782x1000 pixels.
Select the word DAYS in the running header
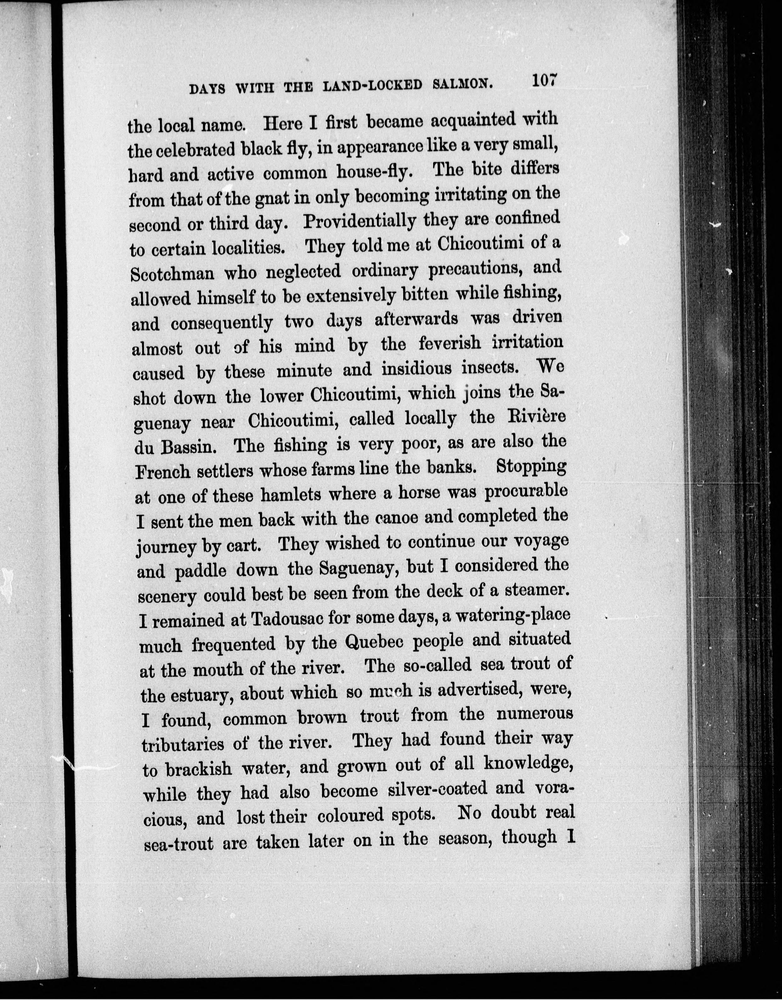207,89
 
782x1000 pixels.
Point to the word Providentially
360,222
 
